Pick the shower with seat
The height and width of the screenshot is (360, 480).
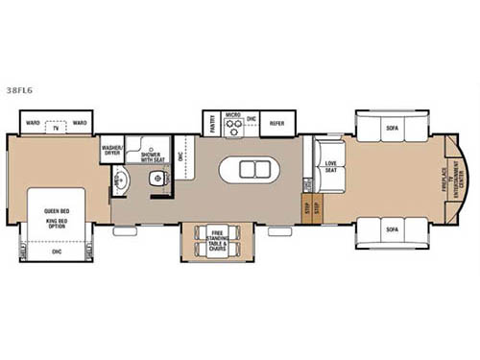151,156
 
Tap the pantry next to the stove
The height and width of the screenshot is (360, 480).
209,124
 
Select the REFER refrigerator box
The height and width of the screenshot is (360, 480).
276,123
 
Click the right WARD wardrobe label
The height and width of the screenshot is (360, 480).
80,123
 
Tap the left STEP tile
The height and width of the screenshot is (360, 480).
306,206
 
